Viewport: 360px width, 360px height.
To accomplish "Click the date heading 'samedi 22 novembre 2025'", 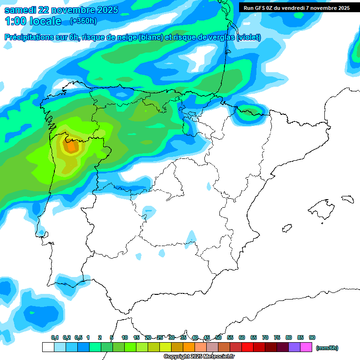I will click(x=61, y=10).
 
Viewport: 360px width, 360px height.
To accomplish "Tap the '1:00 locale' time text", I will click(x=33, y=21).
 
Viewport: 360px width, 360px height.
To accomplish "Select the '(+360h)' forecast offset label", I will click(x=83, y=21).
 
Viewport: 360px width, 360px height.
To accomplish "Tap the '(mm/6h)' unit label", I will click(x=327, y=348).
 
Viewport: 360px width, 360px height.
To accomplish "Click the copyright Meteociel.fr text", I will click(x=199, y=357).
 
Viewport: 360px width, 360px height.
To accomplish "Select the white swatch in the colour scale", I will click(x=48, y=347).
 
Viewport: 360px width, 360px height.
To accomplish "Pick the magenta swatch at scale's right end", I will click(x=307, y=347).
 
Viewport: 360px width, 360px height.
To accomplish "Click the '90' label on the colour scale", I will click(x=312, y=337).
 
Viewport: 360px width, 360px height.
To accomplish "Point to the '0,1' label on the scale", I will click(x=55, y=337).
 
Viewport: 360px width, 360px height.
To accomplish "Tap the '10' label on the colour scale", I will click(x=125, y=337).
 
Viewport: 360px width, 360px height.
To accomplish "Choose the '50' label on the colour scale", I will click(x=218, y=337).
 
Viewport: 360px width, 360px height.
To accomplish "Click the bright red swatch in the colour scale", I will click(x=247, y=347).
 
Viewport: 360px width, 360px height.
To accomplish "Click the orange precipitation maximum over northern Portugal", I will click(x=71, y=147).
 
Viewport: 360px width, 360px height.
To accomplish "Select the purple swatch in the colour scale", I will click(x=294, y=347).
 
